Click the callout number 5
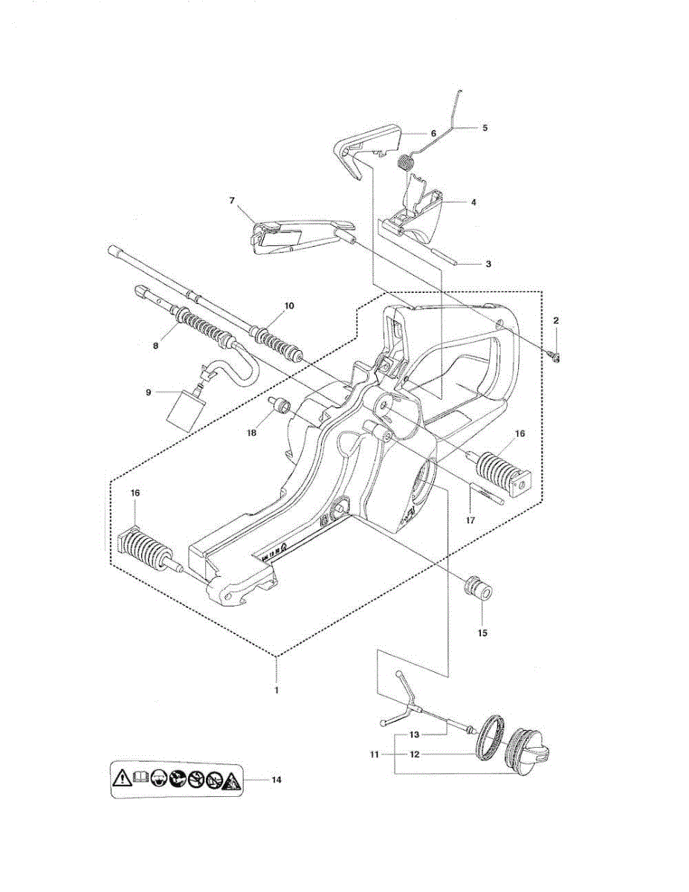coord(485,127)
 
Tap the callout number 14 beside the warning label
coord(276,780)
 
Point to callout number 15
coord(482,633)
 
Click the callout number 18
coord(252,431)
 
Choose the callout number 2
coord(556,320)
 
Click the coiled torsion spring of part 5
coord(406,161)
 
